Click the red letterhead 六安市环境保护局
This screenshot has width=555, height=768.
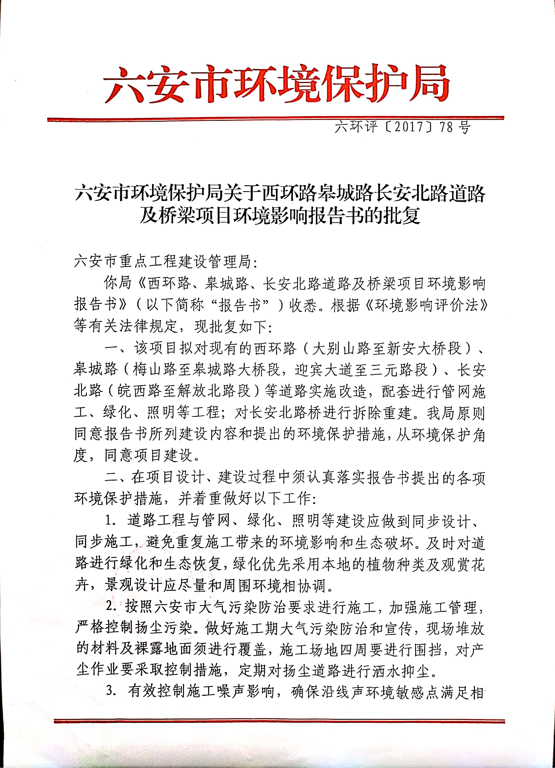tap(276, 84)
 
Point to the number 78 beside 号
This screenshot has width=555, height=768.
tap(446, 127)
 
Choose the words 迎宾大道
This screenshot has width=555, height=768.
tap(324, 370)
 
